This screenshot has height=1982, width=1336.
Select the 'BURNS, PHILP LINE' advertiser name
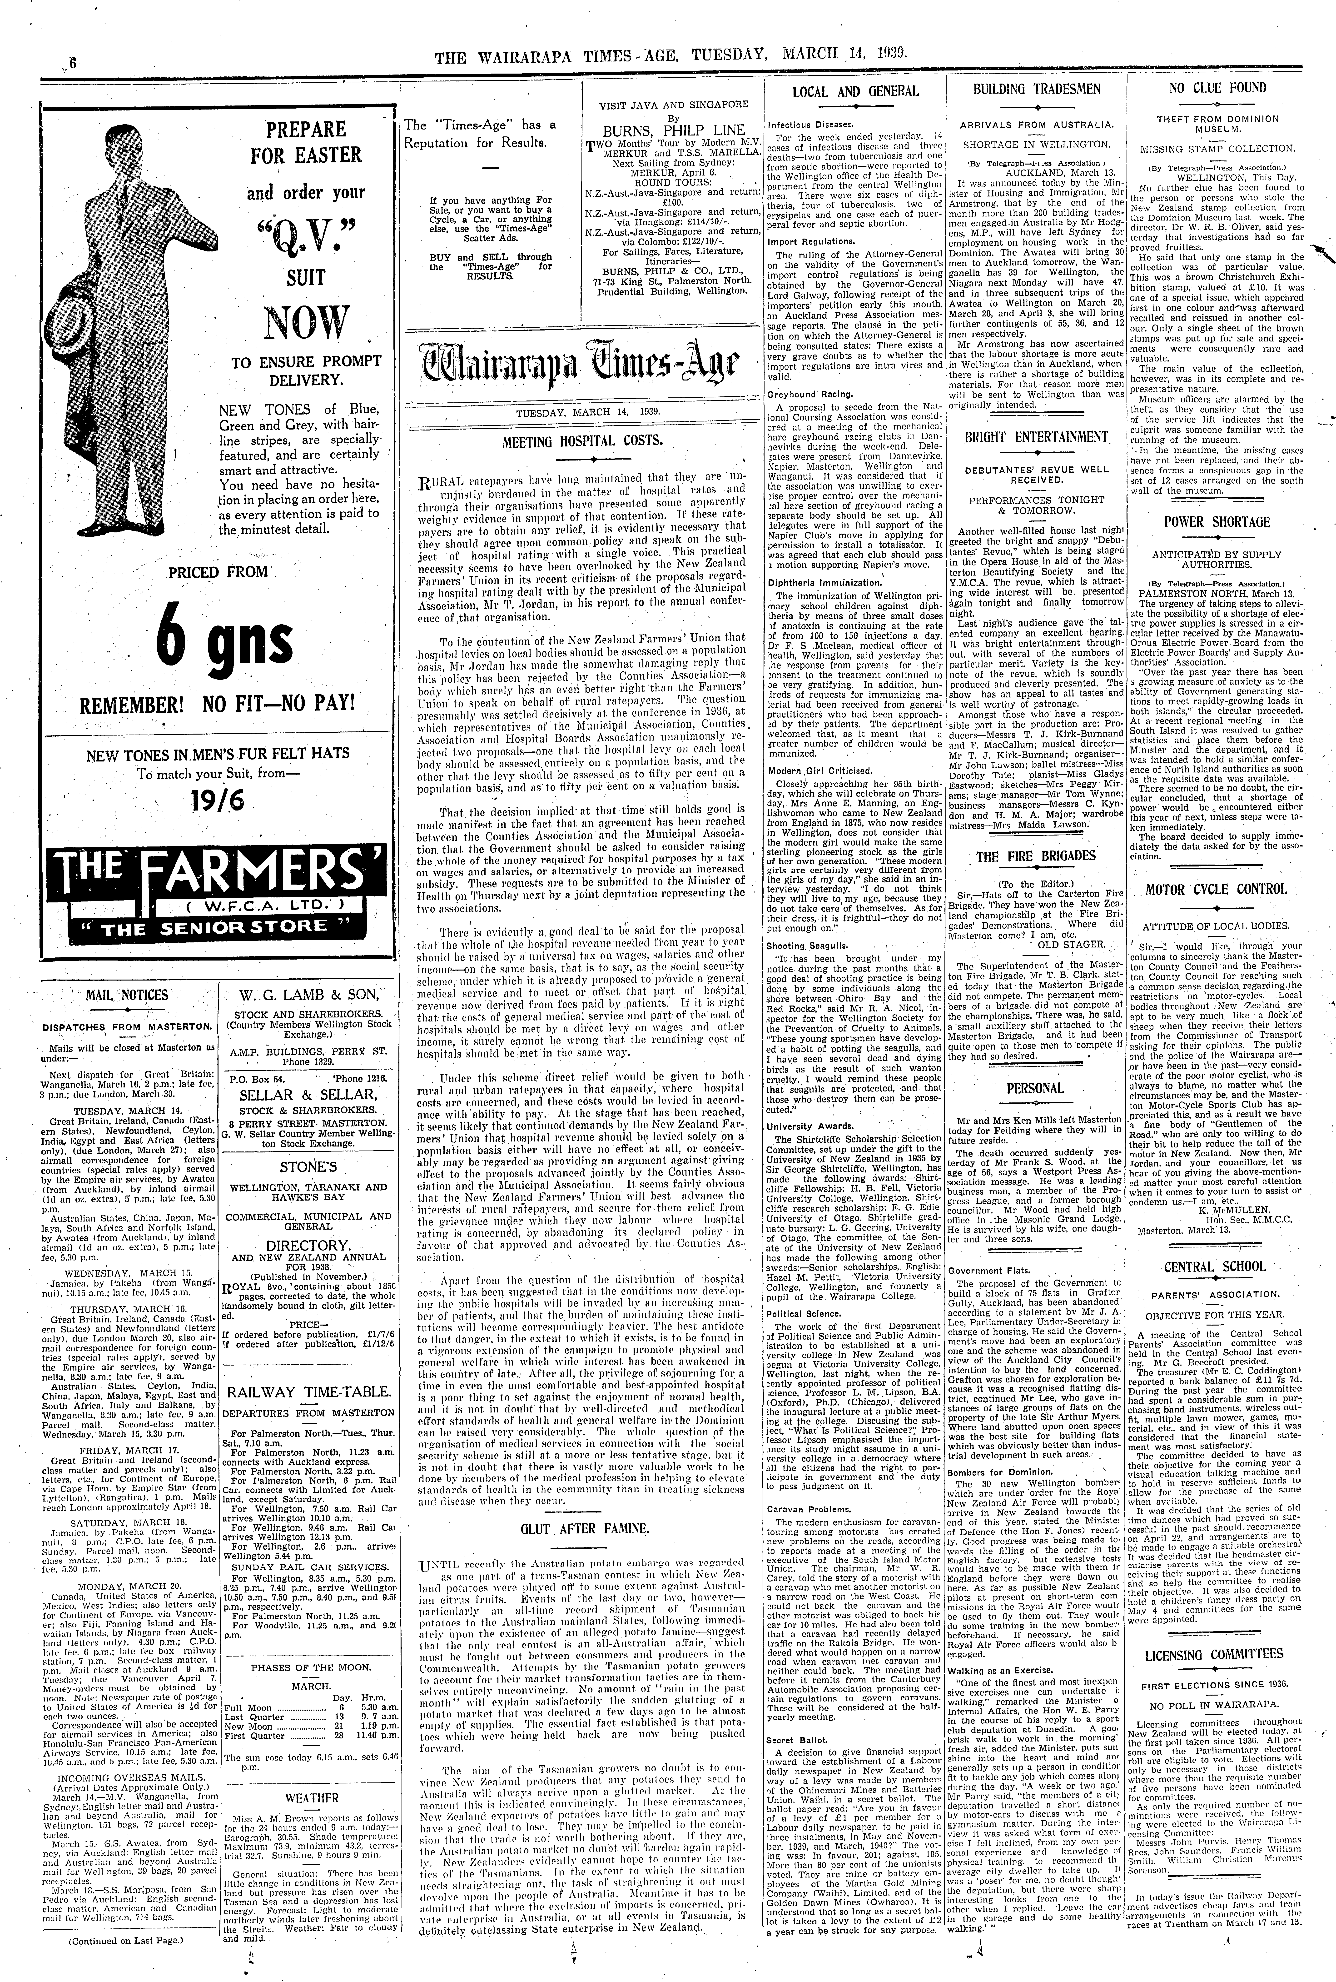coord(673,131)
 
